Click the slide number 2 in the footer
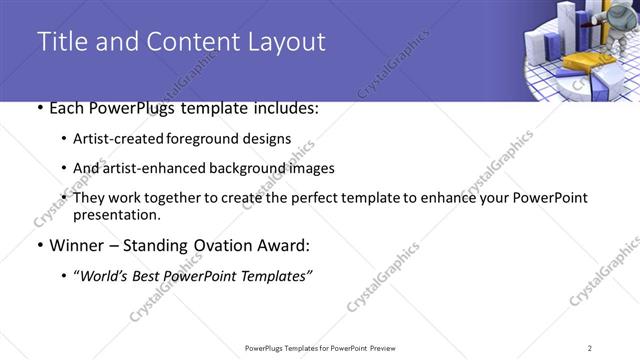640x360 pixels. point(590,348)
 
